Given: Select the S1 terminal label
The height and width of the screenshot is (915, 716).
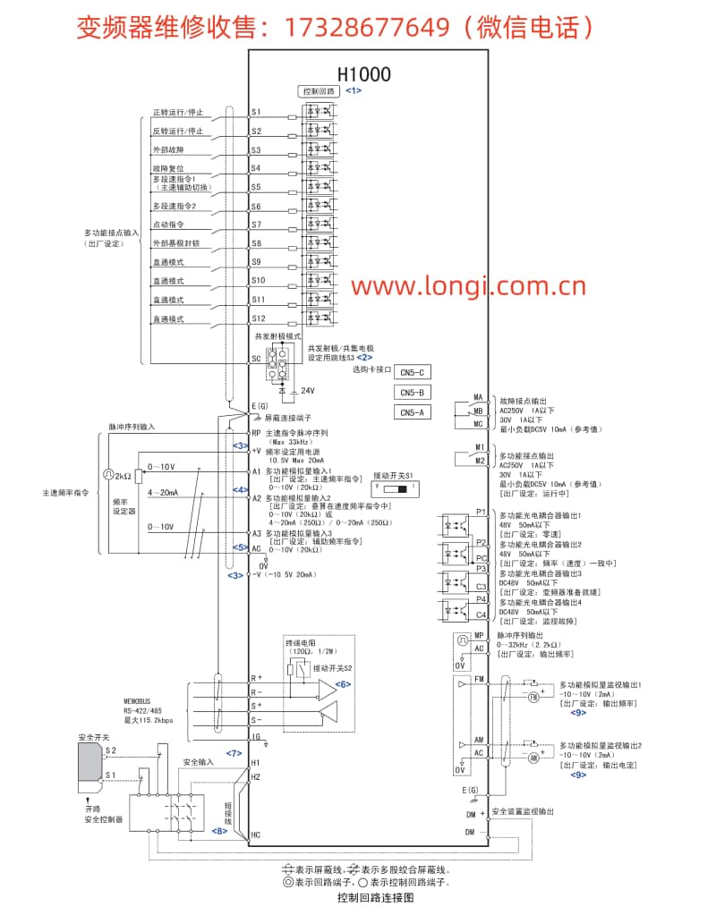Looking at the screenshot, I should coord(256,113).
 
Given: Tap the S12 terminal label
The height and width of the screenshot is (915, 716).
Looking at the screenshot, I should coord(258,318).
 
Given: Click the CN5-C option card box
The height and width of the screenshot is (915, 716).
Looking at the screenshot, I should coord(413,372).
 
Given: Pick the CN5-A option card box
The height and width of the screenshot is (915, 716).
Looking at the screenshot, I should coord(413,412).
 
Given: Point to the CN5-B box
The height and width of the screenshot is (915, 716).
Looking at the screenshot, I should coord(413,393).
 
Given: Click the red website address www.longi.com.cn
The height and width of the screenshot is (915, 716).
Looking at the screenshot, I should coord(467,287).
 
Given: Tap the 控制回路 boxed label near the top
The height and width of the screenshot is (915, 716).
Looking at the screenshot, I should coord(318,91).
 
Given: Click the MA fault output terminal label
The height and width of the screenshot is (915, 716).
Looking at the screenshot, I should coord(478,397).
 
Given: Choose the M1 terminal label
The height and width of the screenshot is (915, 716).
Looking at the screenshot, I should coord(479,446).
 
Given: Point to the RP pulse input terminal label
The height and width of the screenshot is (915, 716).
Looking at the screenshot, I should coord(256,433).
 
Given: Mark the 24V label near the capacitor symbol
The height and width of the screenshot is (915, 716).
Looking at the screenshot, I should coord(308,391).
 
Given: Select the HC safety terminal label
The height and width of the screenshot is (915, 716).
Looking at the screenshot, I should coord(256,835).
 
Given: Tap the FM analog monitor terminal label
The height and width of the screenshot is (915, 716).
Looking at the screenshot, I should coord(479,679).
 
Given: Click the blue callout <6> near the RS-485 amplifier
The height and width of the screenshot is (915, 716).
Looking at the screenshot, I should coord(343,683).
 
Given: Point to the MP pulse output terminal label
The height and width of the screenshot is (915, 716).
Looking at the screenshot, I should coord(479,636).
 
